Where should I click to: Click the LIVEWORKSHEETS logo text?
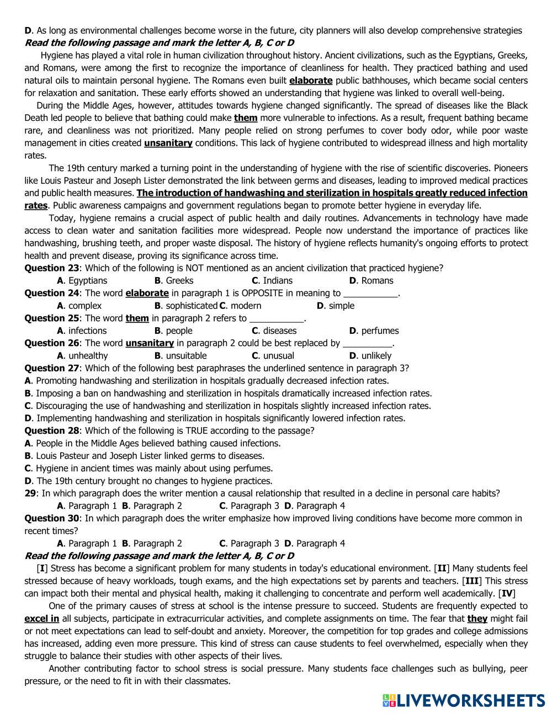[x=470, y=700]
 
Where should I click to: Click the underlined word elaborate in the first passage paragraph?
[x=311, y=81]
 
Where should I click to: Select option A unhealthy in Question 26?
[x=83, y=356]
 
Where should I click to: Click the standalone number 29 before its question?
[x=30, y=493]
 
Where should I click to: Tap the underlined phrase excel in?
[x=42, y=619]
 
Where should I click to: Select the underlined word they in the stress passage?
[x=477, y=619]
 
